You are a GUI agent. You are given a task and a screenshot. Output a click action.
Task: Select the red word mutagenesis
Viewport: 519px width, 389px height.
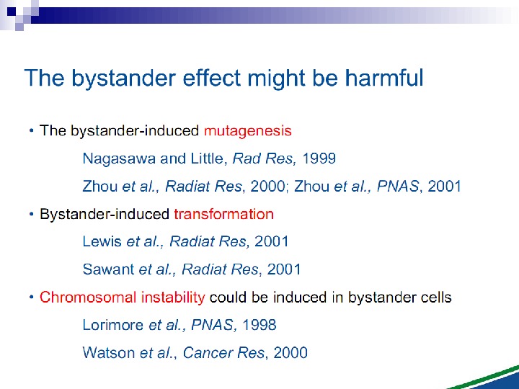tap(247, 130)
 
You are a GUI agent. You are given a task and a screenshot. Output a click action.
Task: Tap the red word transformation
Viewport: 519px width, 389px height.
tap(223, 214)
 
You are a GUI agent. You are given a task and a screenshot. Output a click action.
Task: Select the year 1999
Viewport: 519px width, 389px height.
tap(319, 158)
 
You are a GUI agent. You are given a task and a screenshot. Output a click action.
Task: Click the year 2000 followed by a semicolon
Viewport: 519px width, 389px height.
tap(265, 187)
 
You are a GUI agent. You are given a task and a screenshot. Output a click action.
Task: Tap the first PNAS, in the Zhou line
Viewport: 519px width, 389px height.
tap(400, 187)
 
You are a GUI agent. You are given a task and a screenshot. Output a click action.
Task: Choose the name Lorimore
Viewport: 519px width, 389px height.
tap(113, 326)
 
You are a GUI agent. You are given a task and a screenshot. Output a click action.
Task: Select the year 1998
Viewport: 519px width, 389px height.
tap(259, 326)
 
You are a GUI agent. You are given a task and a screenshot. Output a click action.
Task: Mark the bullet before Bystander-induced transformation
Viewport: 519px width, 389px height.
tap(31, 215)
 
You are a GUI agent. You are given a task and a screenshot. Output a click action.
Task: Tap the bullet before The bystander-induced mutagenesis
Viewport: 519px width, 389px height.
tap(31, 131)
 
